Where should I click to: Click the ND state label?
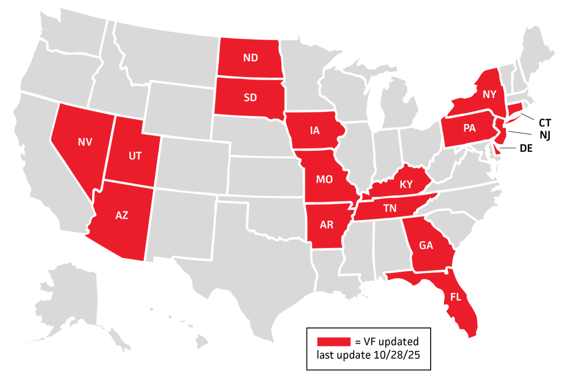pos(250,58)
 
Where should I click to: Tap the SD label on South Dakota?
pos(250,98)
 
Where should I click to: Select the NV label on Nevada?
pos(85,142)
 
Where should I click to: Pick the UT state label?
pos(135,156)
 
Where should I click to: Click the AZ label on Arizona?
pos(122,215)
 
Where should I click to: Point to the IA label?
pos(315,131)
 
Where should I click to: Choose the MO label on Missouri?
pos(325,179)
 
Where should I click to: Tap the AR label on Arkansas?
pos(326,225)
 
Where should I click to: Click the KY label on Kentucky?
pos(406,185)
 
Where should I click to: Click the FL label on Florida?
pos(456,297)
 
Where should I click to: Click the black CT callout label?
pos(545,122)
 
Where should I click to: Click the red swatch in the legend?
pos(334,341)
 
